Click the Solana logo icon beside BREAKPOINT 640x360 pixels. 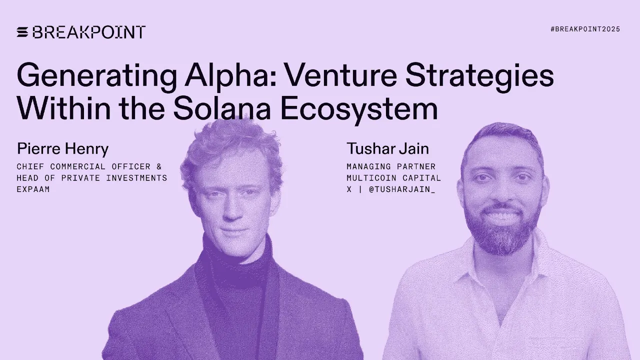pyautogui.click(x=22, y=32)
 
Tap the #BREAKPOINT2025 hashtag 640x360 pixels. pyautogui.click(x=585, y=29)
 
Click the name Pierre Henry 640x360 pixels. pyautogui.click(x=62, y=149)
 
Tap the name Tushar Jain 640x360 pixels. pyautogui.click(x=387, y=149)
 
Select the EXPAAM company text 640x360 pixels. pyautogui.click(x=33, y=189)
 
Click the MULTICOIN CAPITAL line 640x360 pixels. pyautogui.click(x=394, y=178)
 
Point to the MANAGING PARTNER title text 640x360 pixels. pyautogui.click(x=391, y=166)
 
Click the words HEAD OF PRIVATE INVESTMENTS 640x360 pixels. pyautogui.click(x=92, y=178)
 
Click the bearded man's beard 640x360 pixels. pyautogui.click(x=502, y=235)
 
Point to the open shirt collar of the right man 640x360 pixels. pyautogui.click(x=500, y=285)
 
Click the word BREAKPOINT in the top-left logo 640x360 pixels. pyautogui.click(x=88, y=32)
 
